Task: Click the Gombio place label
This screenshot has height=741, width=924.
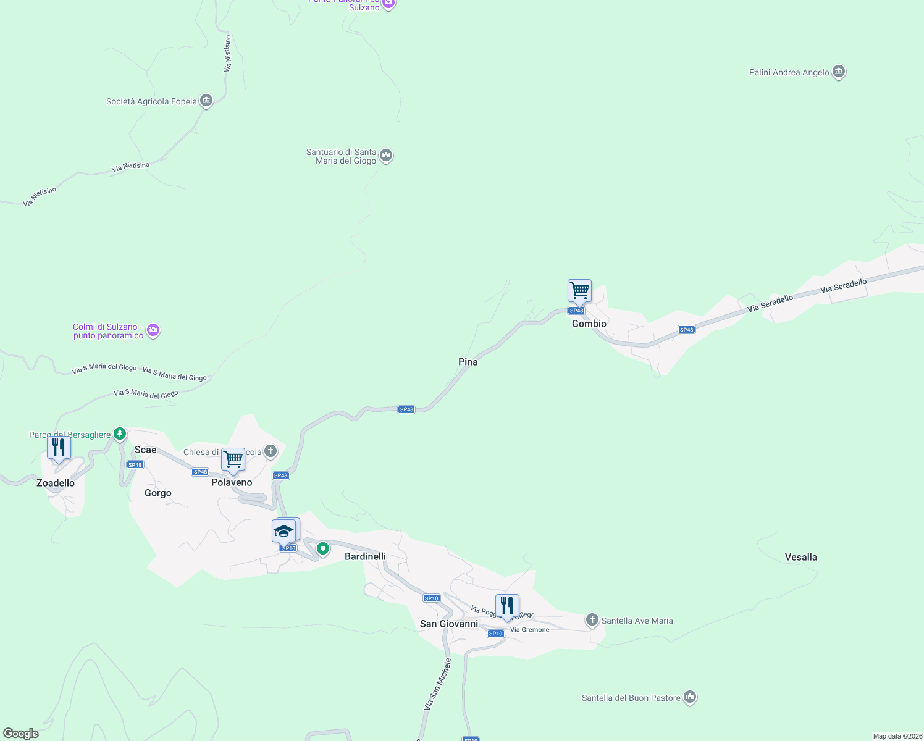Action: pyautogui.click(x=589, y=324)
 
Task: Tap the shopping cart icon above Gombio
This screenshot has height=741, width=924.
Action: pyautogui.click(x=579, y=290)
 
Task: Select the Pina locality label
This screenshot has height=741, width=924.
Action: pyautogui.click(x=468, y=362)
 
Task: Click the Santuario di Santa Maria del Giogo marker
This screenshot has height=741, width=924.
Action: pyautogui.click(x=386, y=156)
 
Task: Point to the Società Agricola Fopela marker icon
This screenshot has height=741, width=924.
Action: pyautogui.click(x=206, y=101)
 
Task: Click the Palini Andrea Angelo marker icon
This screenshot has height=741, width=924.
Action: pyautogui.click(x=838, y=72)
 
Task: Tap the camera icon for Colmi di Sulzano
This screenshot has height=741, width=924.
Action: pyautogui.click(x=153, y=330)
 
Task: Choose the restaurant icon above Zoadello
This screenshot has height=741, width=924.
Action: pyautogui.click(x=59, y=447)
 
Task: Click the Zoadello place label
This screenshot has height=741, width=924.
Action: pyautogui.click(x=56, y=483)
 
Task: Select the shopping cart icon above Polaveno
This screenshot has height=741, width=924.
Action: pyautogui.click(x=233, y=459)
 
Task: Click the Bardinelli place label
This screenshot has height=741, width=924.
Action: pyautogui.click(x=365, y=556)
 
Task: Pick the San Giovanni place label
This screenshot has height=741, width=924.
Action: pyautogui.click(x=449, y=624)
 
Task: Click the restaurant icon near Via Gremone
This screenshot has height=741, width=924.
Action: pyautogui.click(x=506, y=605)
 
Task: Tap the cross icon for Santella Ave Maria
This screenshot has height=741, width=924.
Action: pyautogui.click(x=592, y=619)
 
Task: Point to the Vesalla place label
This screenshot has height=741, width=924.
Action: pyautogui.click(x=800, y=557)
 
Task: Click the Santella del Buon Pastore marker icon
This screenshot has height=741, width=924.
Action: pyautogui.click(x=690, y=697)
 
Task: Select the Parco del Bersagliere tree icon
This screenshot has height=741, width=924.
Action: pyautogui.click(x=120, y=433)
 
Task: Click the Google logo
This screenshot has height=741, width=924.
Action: pyautogui.click(x=20, y=734)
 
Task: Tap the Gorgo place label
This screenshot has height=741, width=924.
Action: pyautogui.click(x=157, y=493)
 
